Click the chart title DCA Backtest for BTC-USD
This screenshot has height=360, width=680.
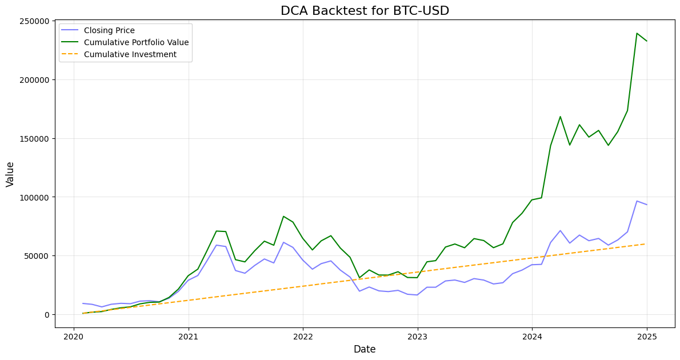[x=365, y=11]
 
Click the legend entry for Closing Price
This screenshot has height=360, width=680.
[x=109, y=31]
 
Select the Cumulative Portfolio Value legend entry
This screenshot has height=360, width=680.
[x=136, y=43]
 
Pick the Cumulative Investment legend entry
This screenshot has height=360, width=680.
[x=130, y=55]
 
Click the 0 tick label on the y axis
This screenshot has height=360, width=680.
[x=47, y=315]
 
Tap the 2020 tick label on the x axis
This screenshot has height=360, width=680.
[x=73, y=335]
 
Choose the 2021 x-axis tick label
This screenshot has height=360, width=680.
[x=188, y=335]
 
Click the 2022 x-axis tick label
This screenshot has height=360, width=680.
[x=302, y=335]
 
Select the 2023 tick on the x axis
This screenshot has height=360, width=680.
[x=417, y=335]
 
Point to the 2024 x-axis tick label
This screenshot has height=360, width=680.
[x=532, y=335]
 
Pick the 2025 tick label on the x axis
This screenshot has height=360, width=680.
[x=647, y=335]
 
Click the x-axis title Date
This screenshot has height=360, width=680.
[x=365, y=349]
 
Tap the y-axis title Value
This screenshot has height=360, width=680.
[x=10, y=174]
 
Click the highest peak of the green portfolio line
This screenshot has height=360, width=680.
[x=637, y=33]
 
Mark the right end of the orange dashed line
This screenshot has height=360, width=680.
[x=646, y=244]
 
